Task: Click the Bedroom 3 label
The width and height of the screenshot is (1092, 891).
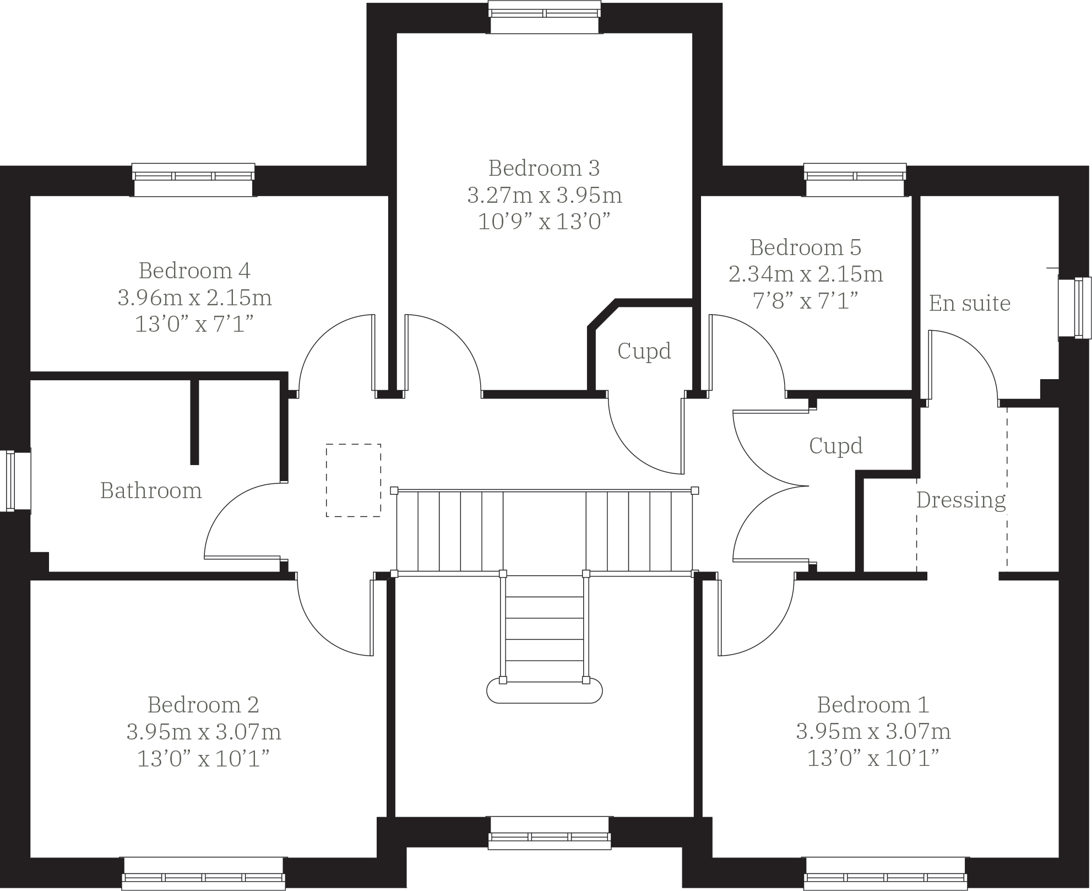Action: [x=544, y=168]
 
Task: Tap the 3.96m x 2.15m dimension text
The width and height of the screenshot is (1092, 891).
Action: [x=194, y=298]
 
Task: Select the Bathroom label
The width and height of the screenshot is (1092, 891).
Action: [x=151, y=490]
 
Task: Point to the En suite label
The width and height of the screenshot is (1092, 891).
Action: [x=969, y=303]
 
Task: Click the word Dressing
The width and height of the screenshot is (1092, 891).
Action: [x=961, y=500]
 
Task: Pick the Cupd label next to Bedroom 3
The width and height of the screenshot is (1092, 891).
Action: [x=644, y=351]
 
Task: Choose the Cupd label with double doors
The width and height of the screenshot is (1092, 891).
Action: [x=835, y=446]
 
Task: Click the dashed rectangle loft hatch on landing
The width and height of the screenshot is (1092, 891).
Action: [x=353, y=480]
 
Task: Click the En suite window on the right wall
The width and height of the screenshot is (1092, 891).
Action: [x=1074, y=309]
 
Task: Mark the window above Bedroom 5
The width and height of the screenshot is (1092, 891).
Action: [x=855, y=179]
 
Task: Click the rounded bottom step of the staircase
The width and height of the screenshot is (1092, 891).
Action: [x=544, y=692]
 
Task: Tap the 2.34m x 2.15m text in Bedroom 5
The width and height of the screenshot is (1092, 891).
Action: [x=805, y=274]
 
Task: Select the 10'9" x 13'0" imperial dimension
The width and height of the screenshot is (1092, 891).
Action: [x=544, y=222]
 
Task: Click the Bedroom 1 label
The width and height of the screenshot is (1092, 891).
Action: [x=872, y=705]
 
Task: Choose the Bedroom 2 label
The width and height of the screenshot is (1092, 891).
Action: [x=203, y=705]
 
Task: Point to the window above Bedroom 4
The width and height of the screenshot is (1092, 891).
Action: [x=193, y=179]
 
